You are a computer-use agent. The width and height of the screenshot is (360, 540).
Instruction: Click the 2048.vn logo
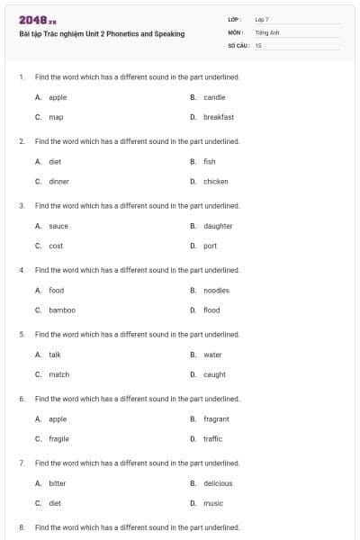coord(32,20)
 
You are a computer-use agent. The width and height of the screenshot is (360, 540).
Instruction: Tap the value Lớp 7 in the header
coord(262,19)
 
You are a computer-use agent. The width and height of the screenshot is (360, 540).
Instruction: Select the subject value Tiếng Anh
coord(268,31)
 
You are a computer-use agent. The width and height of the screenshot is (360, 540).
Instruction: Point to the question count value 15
coord(258,44)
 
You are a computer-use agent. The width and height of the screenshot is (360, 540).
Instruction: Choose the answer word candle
coord(214,97)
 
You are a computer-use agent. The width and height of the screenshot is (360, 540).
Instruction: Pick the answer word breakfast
coord(219,117)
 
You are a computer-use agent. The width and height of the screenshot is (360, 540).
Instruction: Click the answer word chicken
coord(216,181)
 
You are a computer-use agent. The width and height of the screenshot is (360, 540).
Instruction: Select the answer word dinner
coord(58,181)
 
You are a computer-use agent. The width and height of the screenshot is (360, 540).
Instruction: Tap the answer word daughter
coord(218,226)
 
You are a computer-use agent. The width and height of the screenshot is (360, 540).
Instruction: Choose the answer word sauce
coord(58,226)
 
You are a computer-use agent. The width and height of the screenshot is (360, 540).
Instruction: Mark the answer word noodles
coord(217,290)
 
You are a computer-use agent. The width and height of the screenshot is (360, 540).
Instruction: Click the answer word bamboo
coord(62,310)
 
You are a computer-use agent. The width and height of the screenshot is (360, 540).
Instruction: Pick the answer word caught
coord(214,374)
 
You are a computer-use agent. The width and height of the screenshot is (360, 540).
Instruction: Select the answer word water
coord(212,355)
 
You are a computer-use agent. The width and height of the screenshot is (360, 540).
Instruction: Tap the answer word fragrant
coord(216,418)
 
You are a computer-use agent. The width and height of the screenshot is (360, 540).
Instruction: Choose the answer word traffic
coord(212,438)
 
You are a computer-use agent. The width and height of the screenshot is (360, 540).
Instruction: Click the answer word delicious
coord(218,483)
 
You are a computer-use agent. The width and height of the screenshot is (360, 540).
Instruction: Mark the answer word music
coord(213,503)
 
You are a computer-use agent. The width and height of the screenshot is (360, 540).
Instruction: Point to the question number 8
coord(21,526)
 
